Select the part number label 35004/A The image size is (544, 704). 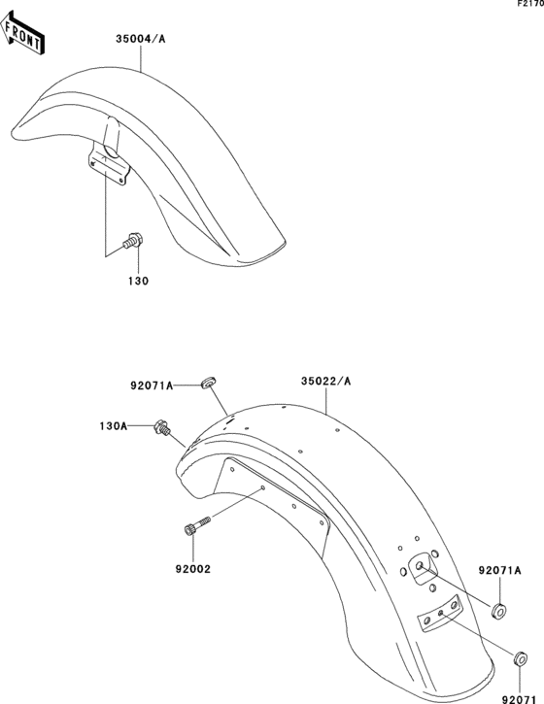click(x=141, y=40)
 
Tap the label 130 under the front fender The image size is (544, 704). click(x=137, y=282)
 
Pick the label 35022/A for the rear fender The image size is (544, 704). click(x=325, y=382)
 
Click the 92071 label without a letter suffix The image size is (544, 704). click(x=520, y=697)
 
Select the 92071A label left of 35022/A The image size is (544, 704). click(x=152, y=386)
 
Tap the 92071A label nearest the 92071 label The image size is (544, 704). click(x=500, y=570)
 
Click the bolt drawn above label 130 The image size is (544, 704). click(x=132, y=240)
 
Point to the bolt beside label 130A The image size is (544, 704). click(x=164, y=426)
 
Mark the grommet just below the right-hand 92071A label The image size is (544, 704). click(x=499, y=611)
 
